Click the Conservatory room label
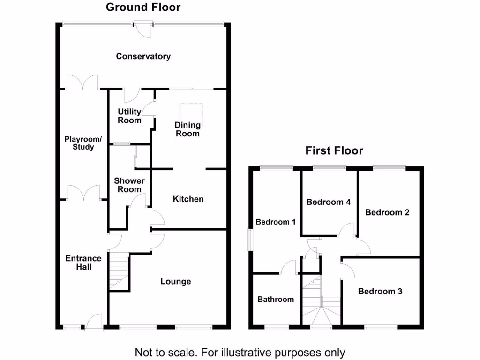tap(143, 57)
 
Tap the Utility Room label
tap(129, 116)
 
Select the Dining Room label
tap(187, 129)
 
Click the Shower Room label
tap(129, 185)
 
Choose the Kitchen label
tap(188, 199)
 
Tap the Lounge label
tap(176, 282)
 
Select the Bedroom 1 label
tap(275, 222)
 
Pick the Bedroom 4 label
tap(329, 202)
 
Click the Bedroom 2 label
tap(388, 212)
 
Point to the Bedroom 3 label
tap(380, 292)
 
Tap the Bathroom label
tap(276, 299)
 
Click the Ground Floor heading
tap(143, 7)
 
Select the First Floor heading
tap(334, 150)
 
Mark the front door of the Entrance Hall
tap(94, 322)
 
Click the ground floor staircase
tap(119, 271)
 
